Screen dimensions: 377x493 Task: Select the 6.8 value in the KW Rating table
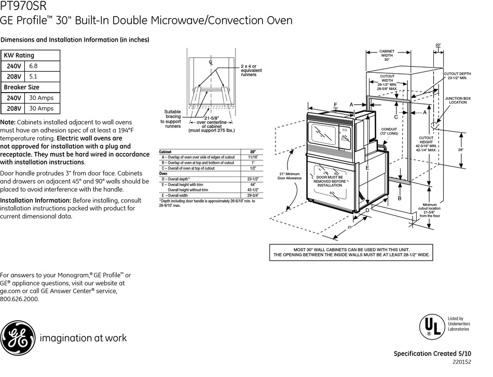coord(33,66)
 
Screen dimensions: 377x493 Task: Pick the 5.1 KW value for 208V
coord(33,76)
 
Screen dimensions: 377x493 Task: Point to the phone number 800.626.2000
coord(19,299)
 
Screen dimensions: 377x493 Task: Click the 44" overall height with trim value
coord(253,185)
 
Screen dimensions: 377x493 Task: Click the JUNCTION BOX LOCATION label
coord(458,100)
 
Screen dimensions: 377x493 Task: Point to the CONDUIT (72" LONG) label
coord(389,132)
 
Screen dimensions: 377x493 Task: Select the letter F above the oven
coord(335,105)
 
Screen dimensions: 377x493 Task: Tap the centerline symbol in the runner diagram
coord(211,62)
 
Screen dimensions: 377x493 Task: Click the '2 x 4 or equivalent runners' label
coord(251,70)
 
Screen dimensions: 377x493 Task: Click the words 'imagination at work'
coord(83,338)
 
